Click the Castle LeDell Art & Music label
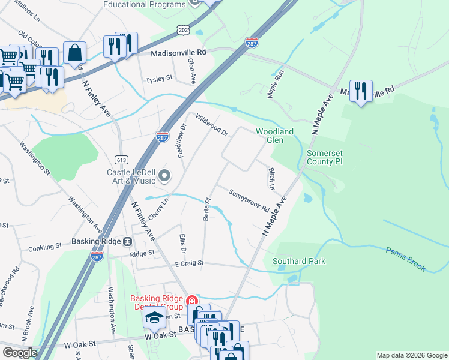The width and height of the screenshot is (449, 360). (131, 176)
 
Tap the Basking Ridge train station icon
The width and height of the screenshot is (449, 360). (127, 242)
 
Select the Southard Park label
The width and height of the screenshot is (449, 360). (298, 261)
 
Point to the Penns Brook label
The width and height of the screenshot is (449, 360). (406, 259)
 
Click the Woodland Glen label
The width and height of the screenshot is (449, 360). (274, 136)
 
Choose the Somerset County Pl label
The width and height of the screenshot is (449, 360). (324, 157)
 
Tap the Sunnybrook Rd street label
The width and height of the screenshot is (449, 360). (249, 199)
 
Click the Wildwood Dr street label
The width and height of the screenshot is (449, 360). (212, 124)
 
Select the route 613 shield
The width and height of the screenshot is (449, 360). (122, 160)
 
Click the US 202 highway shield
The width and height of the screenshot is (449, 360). (183, 29)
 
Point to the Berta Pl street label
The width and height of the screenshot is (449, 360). (207, 209)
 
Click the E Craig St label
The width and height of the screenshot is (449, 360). (190, 263)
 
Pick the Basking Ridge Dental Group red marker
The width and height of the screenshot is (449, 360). (191, 300)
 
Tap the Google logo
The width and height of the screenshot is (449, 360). (19, 353)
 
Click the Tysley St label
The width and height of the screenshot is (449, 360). (160, 79)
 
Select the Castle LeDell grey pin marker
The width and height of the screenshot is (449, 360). (165, 176)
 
